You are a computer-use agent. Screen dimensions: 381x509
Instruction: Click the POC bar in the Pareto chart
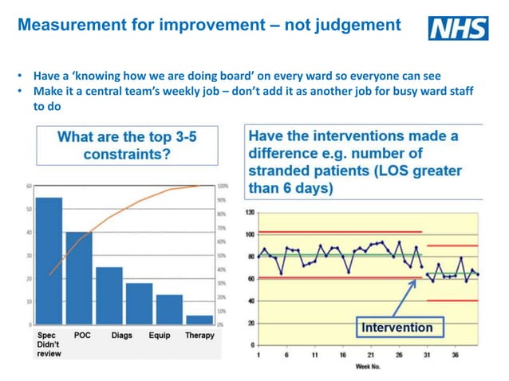79,278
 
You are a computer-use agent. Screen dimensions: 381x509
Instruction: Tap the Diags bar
109,296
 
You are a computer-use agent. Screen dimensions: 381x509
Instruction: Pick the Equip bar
139,304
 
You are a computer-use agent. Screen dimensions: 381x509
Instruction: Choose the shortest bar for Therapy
199,320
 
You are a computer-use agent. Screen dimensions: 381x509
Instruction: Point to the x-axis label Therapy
199,336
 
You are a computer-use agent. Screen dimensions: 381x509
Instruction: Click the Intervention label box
397,328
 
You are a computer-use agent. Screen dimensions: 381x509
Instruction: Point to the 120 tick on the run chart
250,213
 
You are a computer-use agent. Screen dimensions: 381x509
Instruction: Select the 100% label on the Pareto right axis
223,186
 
